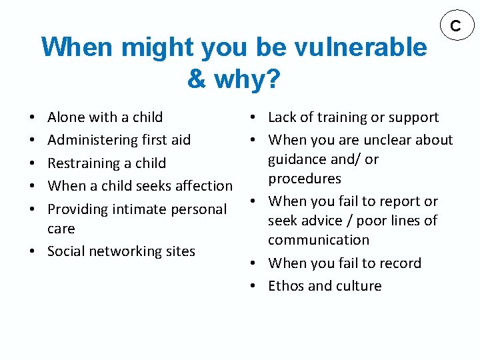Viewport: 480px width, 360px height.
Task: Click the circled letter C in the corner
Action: [x=456, y=26]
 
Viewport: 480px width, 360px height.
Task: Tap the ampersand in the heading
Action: [x=197, y=79]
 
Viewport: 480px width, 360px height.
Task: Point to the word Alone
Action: [x=67, y=117]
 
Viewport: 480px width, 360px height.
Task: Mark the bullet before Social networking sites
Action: [x=33, y=251]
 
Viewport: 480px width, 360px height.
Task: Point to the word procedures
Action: [x=305, y=179]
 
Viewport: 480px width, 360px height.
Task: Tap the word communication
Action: [x=319, y=240]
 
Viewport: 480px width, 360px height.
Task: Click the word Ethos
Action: [x=286, y=286]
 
